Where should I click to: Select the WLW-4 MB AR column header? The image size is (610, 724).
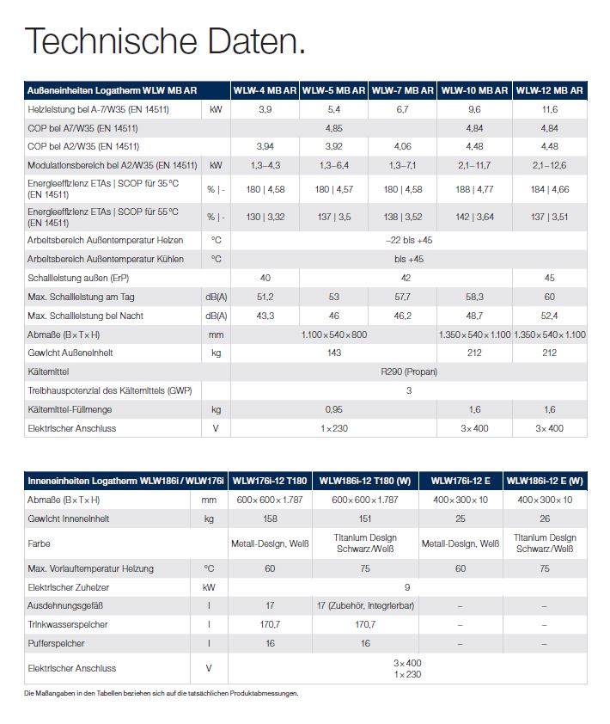265,90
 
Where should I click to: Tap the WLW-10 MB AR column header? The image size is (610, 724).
474,90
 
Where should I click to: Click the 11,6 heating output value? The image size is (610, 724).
550,110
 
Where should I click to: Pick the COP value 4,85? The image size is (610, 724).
334,128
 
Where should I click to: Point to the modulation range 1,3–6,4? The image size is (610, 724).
334,165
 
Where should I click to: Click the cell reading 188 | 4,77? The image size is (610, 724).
474,188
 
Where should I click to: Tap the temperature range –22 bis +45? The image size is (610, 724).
409,240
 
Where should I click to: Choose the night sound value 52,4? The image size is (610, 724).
550,316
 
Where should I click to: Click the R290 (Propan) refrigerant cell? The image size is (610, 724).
409,371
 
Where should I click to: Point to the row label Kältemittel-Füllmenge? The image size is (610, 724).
70,409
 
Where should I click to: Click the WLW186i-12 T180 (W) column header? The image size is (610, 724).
366,480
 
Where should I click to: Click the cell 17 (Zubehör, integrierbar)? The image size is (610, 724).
366,606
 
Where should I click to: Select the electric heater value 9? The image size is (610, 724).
409,587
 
